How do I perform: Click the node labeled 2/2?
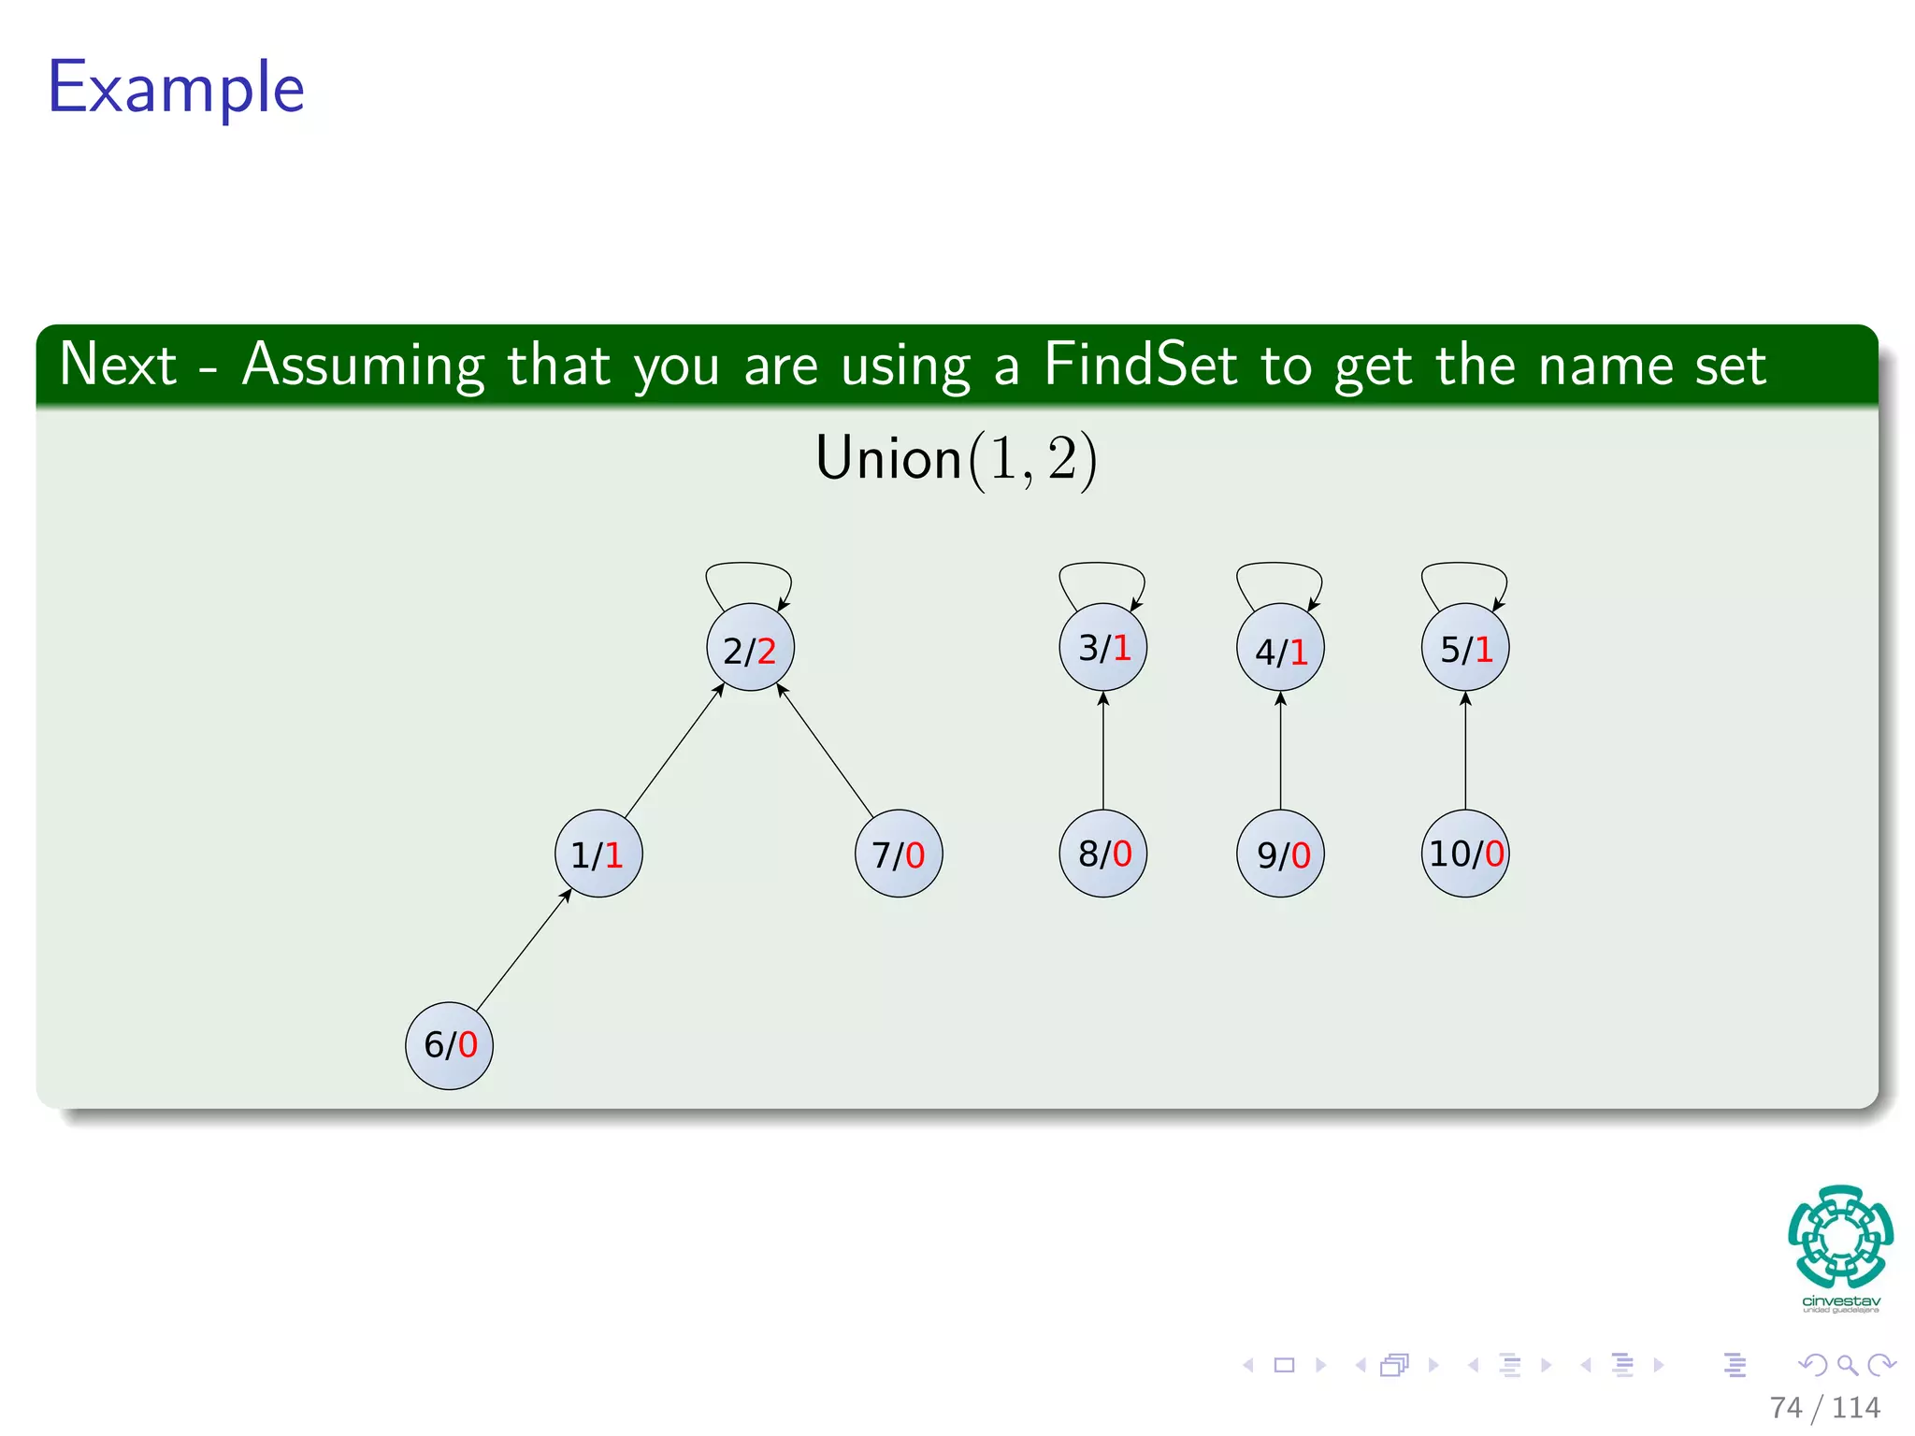tap(750, 648)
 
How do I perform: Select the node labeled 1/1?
tap(598, 854)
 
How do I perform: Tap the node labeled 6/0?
tap(449, 1045)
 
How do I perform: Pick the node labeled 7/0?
tap(899, 854)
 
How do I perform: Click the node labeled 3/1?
tap(1103, 647)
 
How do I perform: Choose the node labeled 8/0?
tap(1103, 854)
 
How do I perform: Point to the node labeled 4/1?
tap(1280, 648)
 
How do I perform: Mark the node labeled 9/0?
tap(1280, 854)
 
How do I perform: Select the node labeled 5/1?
tap(1465, 647)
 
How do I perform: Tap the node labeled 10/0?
tap(1465, 854)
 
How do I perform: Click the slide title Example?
tap(176, 88)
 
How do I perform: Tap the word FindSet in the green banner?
tap(1140, 365)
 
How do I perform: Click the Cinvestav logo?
tap(1840, 1248)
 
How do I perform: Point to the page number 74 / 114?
tap(1824, 1408)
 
